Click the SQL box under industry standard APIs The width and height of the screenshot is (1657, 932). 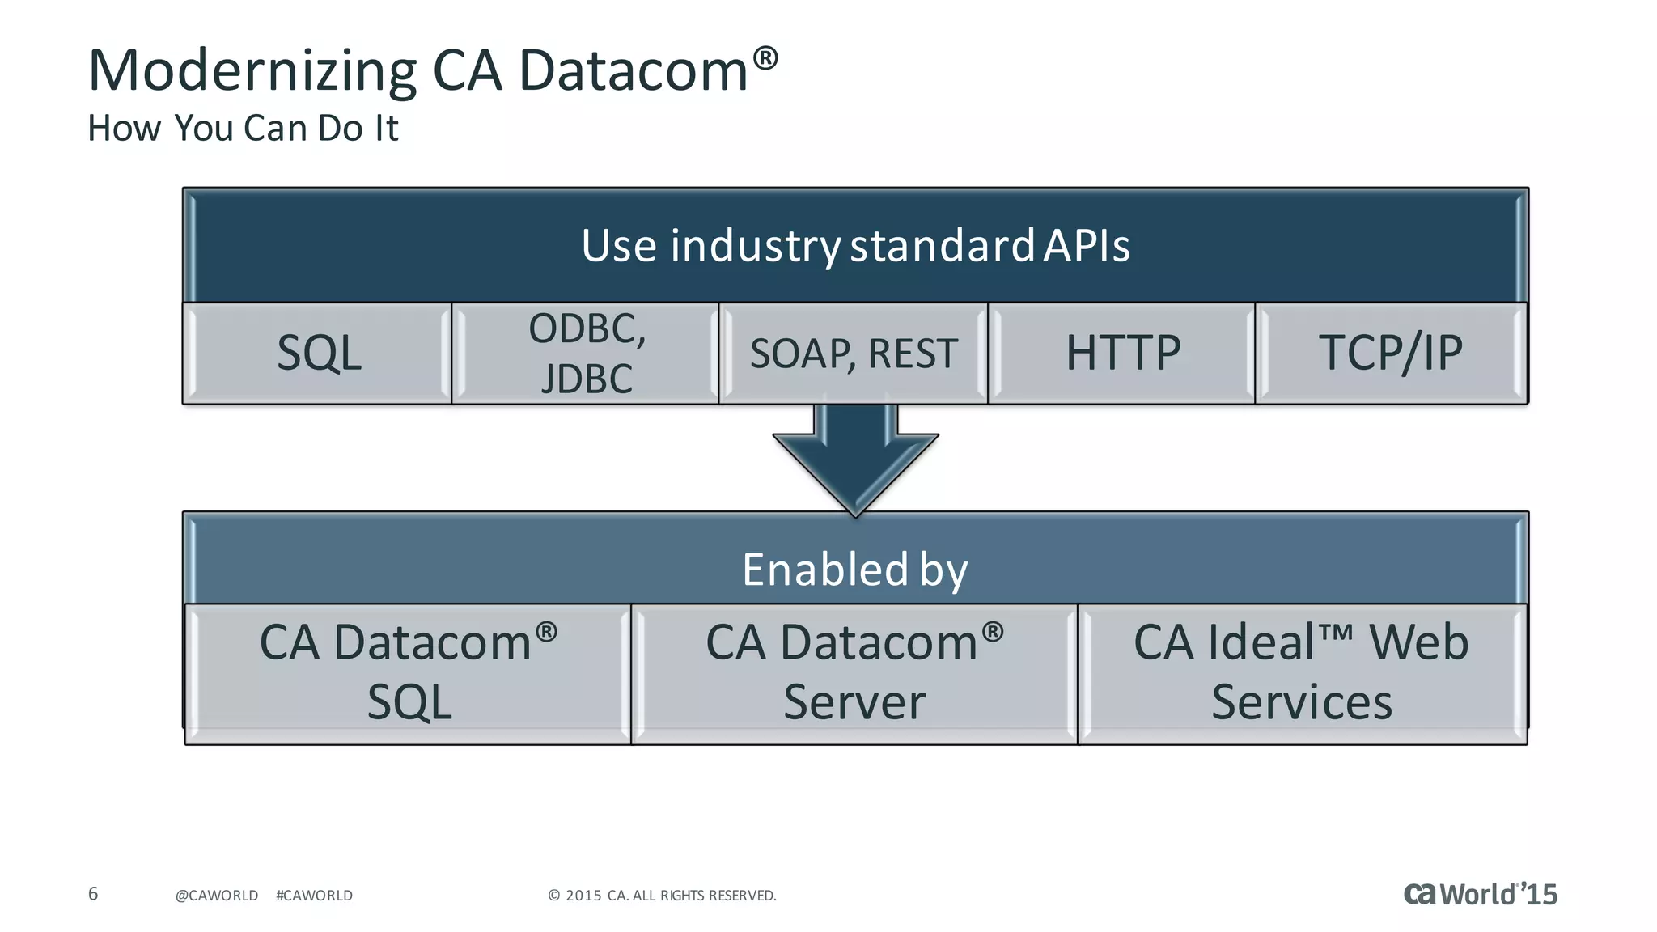(318, 354)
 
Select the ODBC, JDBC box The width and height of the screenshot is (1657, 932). (586, 354)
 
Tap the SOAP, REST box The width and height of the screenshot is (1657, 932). (854, 354)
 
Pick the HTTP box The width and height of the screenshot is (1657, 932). (1122, 354)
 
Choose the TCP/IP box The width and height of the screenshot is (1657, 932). (1391, 354)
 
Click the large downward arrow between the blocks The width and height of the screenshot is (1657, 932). (855, 461)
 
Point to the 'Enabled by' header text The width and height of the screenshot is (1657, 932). (854, 569)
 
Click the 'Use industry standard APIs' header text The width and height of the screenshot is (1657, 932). (855, 245)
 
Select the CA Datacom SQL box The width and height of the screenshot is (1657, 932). (409, 672)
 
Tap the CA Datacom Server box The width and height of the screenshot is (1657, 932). (854, 672)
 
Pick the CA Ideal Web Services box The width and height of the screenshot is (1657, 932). (1302, 672)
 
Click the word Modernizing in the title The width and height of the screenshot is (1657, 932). (252, 71)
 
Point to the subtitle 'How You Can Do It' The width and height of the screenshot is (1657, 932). (243, 128)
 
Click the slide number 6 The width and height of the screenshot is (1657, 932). (93, 894)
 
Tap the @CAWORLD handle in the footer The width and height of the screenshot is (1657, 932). (217, 896)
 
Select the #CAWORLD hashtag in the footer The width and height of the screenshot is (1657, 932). (314, 896)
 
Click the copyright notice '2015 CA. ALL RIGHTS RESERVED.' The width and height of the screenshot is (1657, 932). (663, 896)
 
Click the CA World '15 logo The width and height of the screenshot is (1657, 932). (1480, 894)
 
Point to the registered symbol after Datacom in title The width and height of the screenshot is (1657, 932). (765, 57)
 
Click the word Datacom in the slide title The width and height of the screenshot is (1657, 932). (633, 71)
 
